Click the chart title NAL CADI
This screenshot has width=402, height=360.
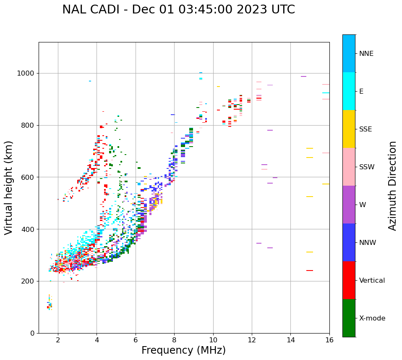(178, 10)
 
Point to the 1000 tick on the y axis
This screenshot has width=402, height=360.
(28, 73)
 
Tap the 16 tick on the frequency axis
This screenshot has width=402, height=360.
(329, 339)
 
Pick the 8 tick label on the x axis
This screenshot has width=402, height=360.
(174, 339)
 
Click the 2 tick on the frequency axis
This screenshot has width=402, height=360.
(58, 339)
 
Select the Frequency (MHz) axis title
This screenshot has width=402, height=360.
(183, 350)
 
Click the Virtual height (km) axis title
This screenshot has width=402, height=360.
(9, 188)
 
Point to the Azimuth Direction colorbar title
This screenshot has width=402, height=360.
(392, 186)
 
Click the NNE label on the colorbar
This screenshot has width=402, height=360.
(366, 54)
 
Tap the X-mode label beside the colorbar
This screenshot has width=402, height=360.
(372, 318)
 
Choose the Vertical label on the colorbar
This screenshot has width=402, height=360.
(372, 281)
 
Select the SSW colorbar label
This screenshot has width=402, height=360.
(367, 167)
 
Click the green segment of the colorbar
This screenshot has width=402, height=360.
(349, 318)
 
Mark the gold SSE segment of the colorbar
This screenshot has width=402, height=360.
(349, 129)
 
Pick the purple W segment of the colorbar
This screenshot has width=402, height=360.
(349, 205)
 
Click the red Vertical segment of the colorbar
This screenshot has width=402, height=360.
(349, 280)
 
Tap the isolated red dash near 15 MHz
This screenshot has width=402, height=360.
(310, 271)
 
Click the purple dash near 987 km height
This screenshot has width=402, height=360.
(303, 76)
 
